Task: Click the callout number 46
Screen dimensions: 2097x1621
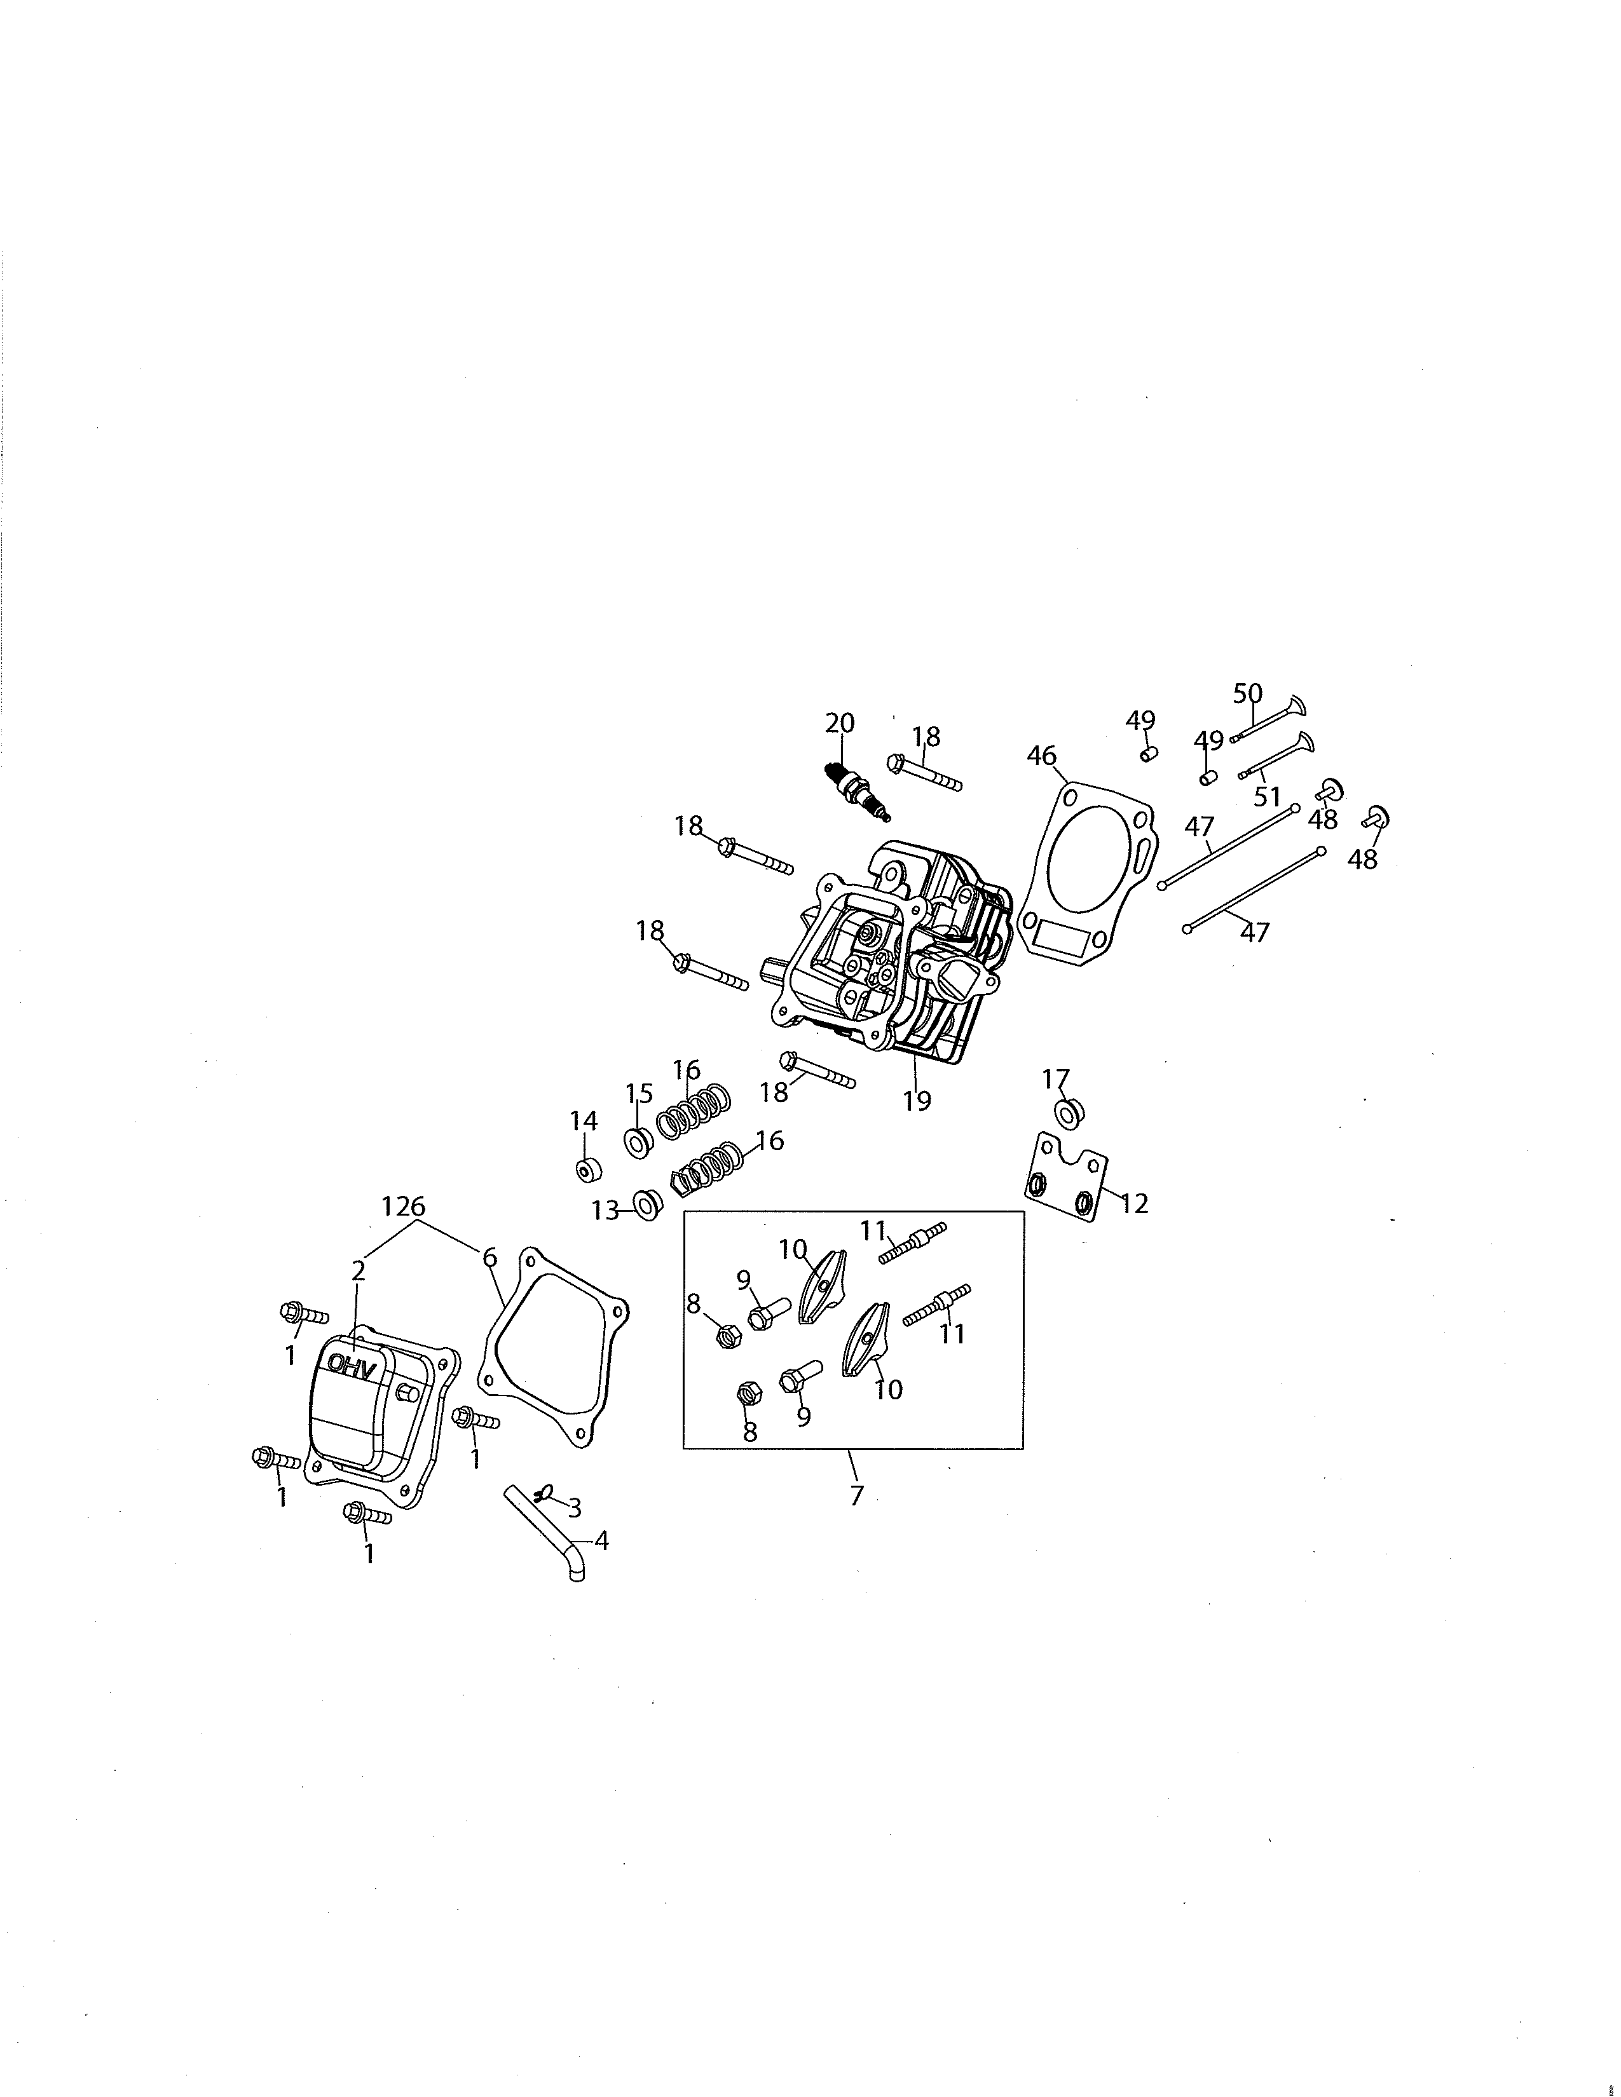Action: click(1042, 756)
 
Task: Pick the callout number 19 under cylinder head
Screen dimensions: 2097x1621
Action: click(917, 1101)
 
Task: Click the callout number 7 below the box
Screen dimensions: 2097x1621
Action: click(857, 1495)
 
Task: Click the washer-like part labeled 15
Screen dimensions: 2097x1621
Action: click(638, 1144)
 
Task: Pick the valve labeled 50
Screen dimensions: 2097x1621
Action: click(1273, 720)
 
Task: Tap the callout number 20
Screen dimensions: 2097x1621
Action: click(839, 723)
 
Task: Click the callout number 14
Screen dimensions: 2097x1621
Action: click(583, 1120)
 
